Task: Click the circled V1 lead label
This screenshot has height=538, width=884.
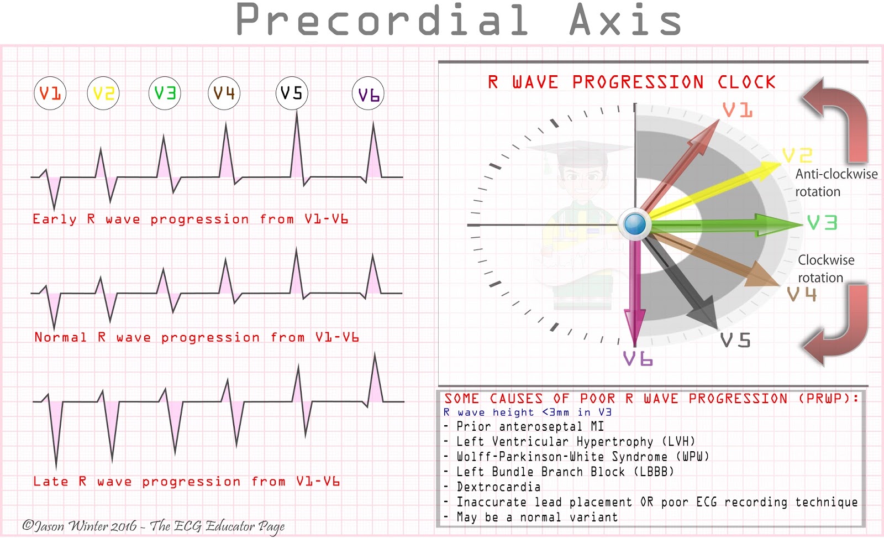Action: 50,93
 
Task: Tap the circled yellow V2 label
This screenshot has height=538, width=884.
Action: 103,93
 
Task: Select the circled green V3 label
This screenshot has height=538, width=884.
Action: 165,93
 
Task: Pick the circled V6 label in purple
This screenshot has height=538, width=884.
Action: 368,95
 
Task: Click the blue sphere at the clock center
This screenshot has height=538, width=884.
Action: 635,224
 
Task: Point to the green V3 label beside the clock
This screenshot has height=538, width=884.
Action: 822,223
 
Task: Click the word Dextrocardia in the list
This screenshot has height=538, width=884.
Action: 498,487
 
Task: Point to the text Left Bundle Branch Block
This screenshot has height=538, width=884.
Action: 565,472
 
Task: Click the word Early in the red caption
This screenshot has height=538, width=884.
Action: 54,220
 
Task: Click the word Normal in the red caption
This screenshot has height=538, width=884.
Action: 60,337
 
